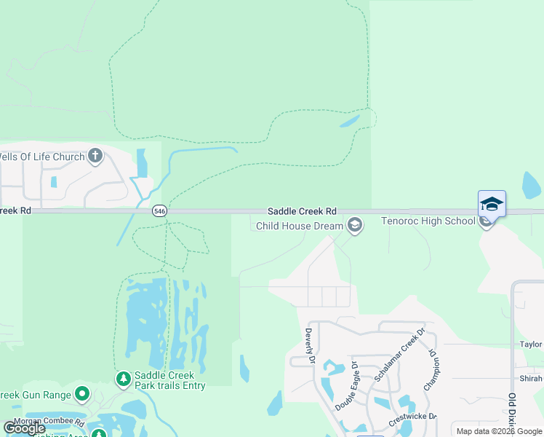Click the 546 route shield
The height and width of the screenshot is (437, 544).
tap(159, 210)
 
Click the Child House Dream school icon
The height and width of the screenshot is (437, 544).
tap(354, 225)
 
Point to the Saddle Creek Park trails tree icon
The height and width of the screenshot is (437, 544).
tap(123, 379)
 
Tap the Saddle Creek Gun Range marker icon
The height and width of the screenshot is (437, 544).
tap(82, 395)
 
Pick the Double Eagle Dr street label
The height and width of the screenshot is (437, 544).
tap(345, 386)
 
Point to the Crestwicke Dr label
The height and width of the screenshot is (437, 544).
tap(412, 417)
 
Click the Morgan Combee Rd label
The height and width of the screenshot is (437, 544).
tap(49, 422)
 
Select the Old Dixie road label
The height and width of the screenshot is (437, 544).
tap(513, 411)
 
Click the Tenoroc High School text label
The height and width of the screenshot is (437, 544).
tap(428, 221)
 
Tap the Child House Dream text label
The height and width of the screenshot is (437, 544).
tap(299, 226)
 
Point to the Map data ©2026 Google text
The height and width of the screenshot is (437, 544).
tap(499, 431)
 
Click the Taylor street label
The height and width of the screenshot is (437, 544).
tap(531, 345)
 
